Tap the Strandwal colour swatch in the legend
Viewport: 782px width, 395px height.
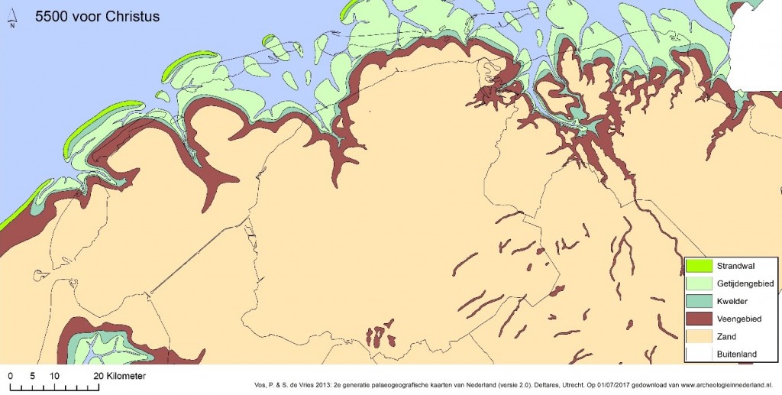pos(699,266)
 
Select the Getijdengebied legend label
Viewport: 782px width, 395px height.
pos(745,283)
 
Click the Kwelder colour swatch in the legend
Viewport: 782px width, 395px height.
pos(699,301)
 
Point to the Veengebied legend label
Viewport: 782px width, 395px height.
pos(739,319)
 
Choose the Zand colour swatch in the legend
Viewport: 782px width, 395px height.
pos(699,336)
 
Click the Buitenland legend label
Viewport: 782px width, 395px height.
pos(738,354)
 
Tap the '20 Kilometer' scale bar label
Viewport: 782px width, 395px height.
pos(119,377)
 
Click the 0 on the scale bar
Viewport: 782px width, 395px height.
pos(10,377)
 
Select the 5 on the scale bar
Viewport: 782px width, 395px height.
pos(32,377)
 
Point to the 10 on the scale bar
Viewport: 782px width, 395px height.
pos(54,377)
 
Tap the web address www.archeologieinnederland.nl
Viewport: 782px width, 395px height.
pos(722,386)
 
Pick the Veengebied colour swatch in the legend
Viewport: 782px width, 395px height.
pos(699,319)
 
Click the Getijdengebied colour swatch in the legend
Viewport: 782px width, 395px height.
pos(699,283)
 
